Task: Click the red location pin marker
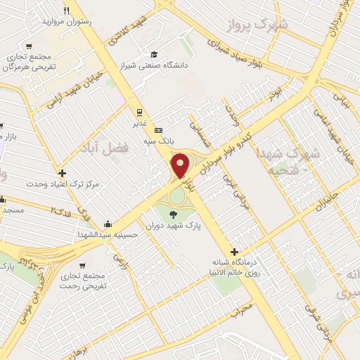click(180, 165)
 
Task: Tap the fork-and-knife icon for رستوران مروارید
click(66, 11)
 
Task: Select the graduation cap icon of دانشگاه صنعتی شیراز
click(154, 54)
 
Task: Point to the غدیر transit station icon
click(139, 111)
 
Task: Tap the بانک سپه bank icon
click(158, 129)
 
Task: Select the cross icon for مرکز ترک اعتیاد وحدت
click(63, 173)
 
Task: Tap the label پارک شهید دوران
click(174, 226)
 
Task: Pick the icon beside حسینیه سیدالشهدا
click(107, 224)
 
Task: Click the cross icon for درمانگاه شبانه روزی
click(234, 252)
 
